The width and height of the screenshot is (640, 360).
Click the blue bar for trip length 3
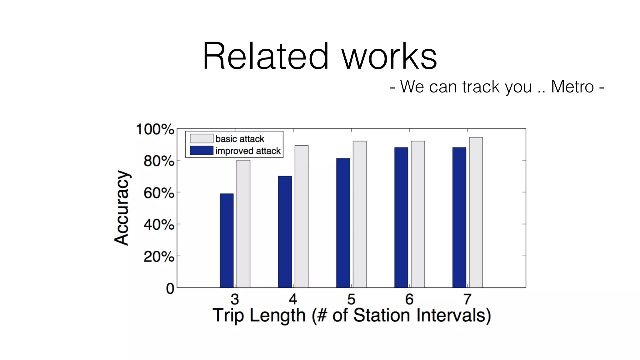[x=227, y=241]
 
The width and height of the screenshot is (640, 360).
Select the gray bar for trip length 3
[x=243, y=224]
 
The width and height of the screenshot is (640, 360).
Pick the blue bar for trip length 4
[x=285, y=232]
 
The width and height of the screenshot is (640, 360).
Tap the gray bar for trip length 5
[x=359, y=214]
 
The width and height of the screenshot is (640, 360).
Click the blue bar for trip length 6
[x=401, y=217]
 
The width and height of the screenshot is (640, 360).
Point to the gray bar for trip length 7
[x=476, y=212]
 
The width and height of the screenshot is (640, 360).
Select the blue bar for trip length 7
[x=459, y=217]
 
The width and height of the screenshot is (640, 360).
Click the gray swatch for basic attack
[x=202, y=138]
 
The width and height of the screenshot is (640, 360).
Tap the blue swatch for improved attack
[x=202, y=151]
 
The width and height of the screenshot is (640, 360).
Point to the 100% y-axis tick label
[x=155, y=129]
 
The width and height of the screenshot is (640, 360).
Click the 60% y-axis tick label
[x=159, y=193]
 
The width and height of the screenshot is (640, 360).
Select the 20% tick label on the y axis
[x=159, y=257]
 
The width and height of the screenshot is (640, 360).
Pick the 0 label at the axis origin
[x=170, y=289]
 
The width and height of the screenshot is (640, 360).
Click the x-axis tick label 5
[x=351, y=299]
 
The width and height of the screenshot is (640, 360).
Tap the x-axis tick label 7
[x=467, y=299]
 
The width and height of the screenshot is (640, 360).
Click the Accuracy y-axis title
[x=121, y=208]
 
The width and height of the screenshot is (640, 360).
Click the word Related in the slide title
[x=266, y=56]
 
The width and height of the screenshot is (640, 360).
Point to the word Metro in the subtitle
[x=572, y=87]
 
